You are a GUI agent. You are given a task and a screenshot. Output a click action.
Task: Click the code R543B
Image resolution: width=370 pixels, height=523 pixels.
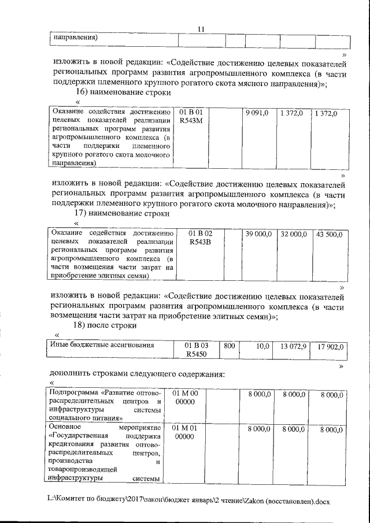point(199,243)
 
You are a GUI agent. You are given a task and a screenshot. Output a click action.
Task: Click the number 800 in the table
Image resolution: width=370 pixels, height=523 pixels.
point(229,346)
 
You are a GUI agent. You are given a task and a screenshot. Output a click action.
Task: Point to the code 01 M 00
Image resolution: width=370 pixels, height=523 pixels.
point(185,394)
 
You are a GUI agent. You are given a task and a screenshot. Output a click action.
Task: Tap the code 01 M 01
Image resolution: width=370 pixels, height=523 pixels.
point(185,428)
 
